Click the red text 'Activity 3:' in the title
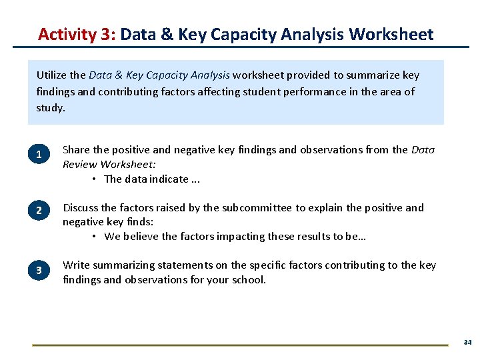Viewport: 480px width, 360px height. (x=77, y=34)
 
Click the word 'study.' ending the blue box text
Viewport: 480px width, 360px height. (x=51, y=107)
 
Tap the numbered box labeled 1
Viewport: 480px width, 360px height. (x=39, y=155)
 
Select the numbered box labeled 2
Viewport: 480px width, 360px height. (x=39, y=211)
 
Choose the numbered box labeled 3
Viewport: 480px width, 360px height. (x=39, y=269)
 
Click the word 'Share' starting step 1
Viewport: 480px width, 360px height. (x=77, y=150)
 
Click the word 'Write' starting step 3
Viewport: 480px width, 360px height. (x=75, y=265)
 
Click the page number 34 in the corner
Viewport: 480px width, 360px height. (x=467, y=342)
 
